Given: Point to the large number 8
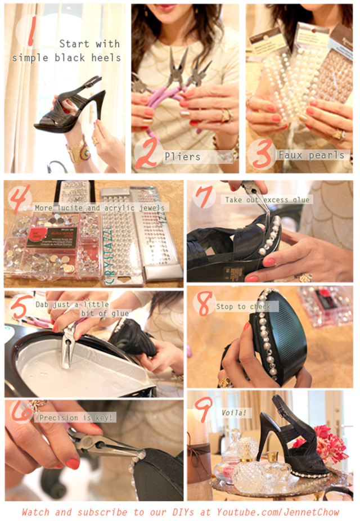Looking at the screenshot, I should point(203,305).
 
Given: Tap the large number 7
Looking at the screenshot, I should point(204,198).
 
